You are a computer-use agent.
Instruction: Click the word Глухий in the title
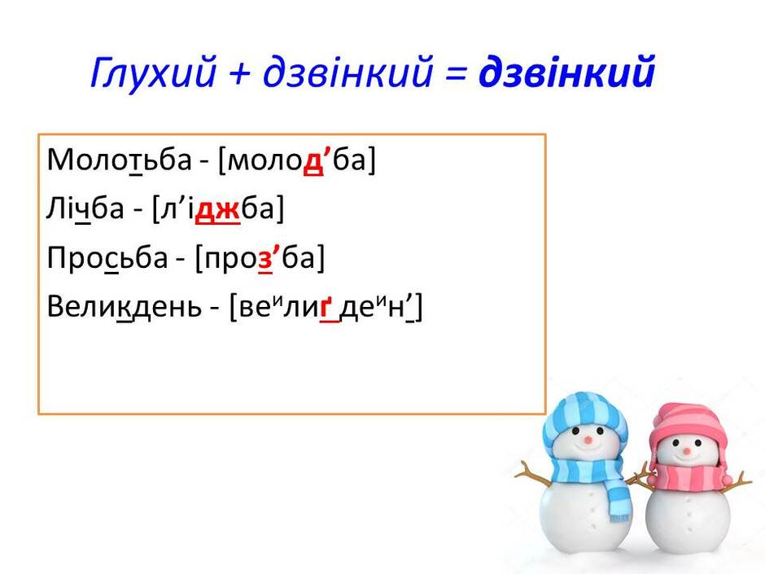point(153,72)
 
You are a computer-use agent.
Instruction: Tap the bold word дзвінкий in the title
point(566,72)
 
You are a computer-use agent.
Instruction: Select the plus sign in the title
point(239,73)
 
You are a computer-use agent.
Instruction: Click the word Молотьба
point(119,160)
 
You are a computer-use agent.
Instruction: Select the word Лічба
point(85,209)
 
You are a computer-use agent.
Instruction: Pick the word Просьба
point(107,258)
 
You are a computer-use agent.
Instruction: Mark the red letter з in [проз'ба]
point(265,259)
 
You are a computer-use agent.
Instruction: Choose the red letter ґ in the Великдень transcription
point(326,309)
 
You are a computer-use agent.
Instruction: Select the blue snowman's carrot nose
point(588,440)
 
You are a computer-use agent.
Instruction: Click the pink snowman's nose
point(687,450)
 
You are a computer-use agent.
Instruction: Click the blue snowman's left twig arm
point(533,474)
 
